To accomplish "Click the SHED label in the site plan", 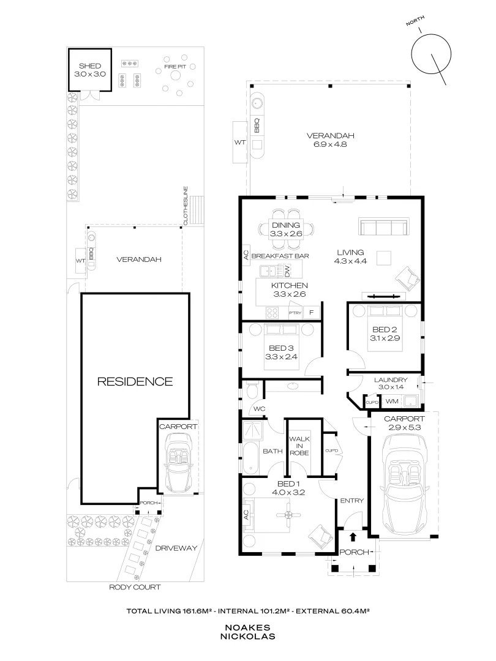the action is (x=90, y=65).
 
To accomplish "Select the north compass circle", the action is (x=431, y=54).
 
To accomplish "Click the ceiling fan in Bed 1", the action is (x=288, y=515).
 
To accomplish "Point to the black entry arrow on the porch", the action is (x=353, y=537).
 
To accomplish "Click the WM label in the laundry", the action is (x=392, y=401).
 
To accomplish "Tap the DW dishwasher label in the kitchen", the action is (x=287, y=270).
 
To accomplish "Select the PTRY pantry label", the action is (x=295, y=313).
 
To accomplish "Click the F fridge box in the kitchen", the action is (x=312, y=312).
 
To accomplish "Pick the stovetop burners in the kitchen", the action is (x=272, y=313).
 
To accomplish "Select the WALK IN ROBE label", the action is (x=299, y=446).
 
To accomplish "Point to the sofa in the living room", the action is (x=383, y=226).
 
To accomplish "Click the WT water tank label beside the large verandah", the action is (x=240, y=143).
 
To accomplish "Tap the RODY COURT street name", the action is (x=135, y=587).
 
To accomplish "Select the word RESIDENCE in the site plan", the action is (x=135, y=381).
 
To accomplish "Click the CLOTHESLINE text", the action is (x=186, y=206).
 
